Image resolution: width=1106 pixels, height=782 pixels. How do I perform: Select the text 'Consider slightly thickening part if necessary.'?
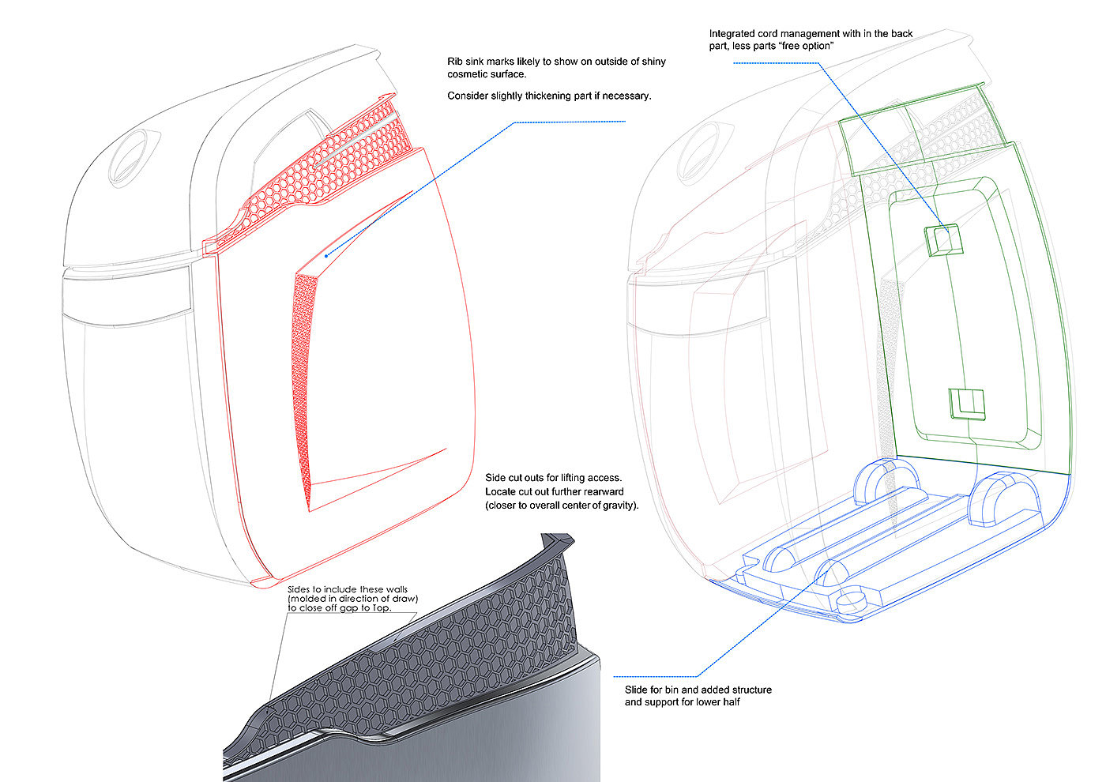(549, 96)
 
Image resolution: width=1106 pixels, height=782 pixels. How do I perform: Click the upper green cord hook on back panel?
(944, 239)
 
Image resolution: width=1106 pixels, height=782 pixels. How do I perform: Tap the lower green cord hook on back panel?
(966, 404)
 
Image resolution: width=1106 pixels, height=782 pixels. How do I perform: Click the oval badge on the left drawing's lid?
(133, 155)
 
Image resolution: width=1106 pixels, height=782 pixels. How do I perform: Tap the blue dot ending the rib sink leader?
(326, 255)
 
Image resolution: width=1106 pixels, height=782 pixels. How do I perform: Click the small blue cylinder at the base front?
(852, 600)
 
